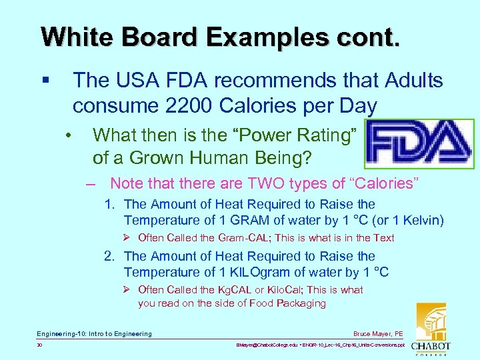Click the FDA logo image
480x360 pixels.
419,144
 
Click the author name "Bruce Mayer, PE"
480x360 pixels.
378,333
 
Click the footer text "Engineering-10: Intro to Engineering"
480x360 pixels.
94,333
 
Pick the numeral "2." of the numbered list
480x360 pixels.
109,256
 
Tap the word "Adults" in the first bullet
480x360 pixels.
413,81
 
